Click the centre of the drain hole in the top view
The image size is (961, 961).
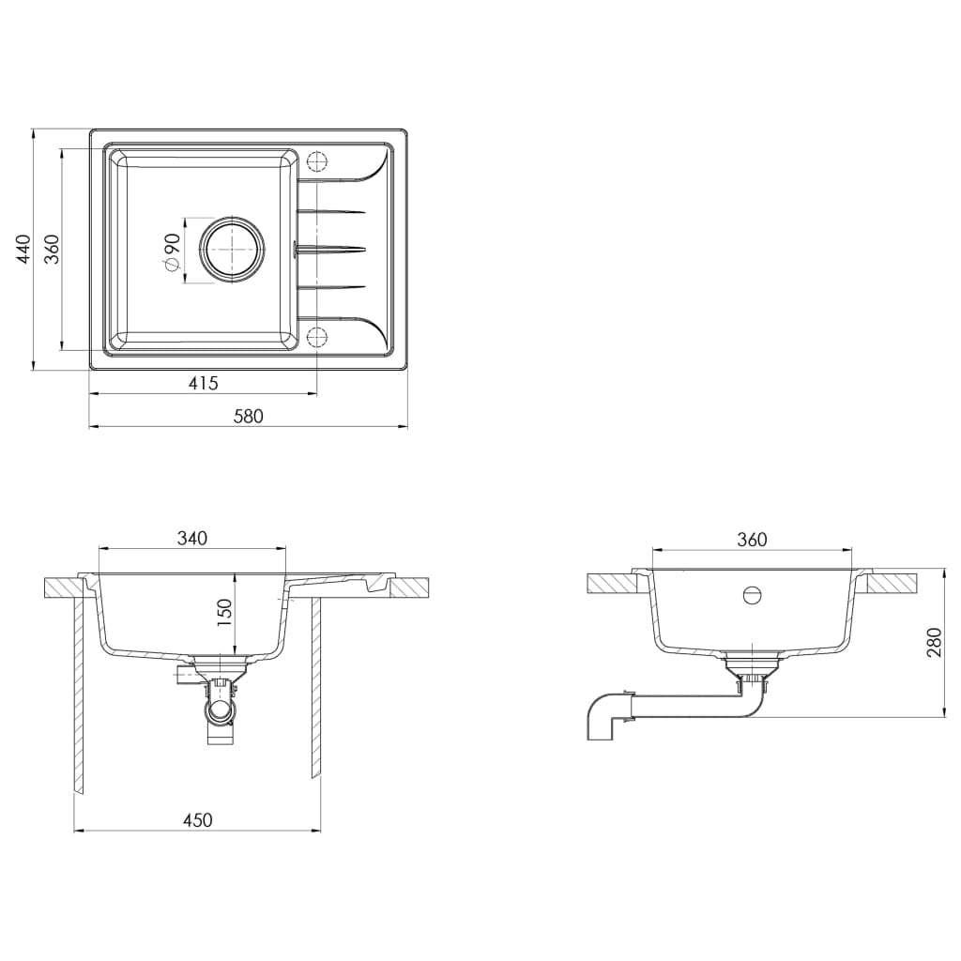(233, 250)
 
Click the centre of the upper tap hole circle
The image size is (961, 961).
(317, 161)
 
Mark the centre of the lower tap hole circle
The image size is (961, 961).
(317, 337)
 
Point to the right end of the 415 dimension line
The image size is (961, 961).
(317, 394)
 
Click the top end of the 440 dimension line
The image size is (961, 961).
(33, 130)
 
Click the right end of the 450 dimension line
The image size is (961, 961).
(321, 831)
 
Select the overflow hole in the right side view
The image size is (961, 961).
(752, 594)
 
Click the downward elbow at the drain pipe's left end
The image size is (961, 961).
(603, 718)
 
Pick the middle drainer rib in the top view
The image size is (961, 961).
(331, 249)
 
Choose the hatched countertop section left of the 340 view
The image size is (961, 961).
(63, 587)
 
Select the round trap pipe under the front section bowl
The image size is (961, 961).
(220, 713)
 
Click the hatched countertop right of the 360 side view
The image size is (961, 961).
(892, 584)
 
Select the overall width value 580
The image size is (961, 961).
(248, 416)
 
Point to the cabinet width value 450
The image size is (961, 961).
(197, 820)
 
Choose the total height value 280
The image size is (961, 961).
(934, 642)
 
